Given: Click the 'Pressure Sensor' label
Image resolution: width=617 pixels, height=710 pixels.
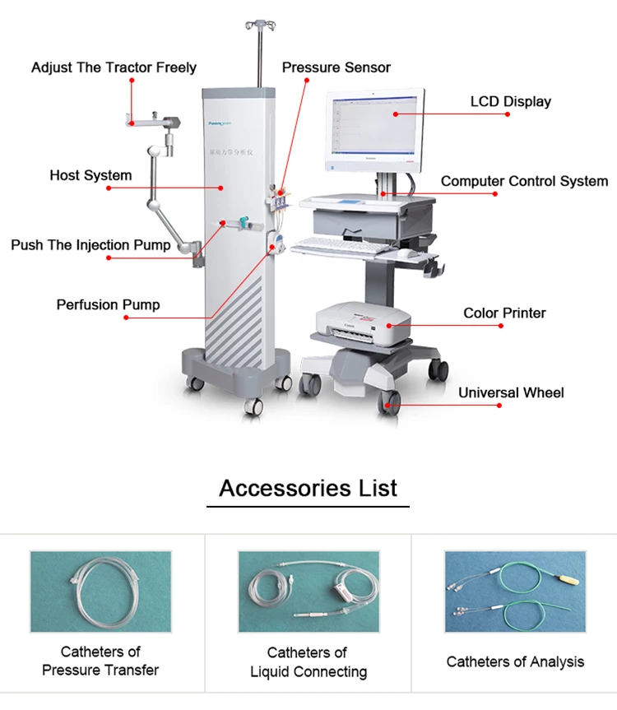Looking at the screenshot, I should (336, 67).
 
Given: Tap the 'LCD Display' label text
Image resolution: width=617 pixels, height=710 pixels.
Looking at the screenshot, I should (510, 102).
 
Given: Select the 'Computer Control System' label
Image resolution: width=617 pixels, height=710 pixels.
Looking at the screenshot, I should (524, 181).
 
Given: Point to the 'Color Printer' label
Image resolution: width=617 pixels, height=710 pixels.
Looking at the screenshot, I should (504, 313).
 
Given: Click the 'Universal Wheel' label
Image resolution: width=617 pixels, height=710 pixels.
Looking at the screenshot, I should (511, 392).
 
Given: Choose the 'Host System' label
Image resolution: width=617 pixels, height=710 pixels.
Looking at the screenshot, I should (90, 175).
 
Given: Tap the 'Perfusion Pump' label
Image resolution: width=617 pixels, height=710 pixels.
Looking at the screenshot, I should (108, 304).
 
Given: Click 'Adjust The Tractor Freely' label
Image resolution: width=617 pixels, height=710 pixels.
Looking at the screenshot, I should (114, 67).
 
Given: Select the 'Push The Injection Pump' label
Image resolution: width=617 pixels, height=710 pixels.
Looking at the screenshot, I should (90, 244).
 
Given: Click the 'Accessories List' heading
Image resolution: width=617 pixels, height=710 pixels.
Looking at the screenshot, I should (308, 488).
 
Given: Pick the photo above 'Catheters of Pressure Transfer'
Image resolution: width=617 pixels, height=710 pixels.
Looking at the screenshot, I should (100, 592).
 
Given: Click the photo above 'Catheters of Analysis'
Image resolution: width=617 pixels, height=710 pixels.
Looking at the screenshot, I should (515, 592).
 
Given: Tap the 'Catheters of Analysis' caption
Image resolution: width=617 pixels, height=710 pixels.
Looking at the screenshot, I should (515, 661).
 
